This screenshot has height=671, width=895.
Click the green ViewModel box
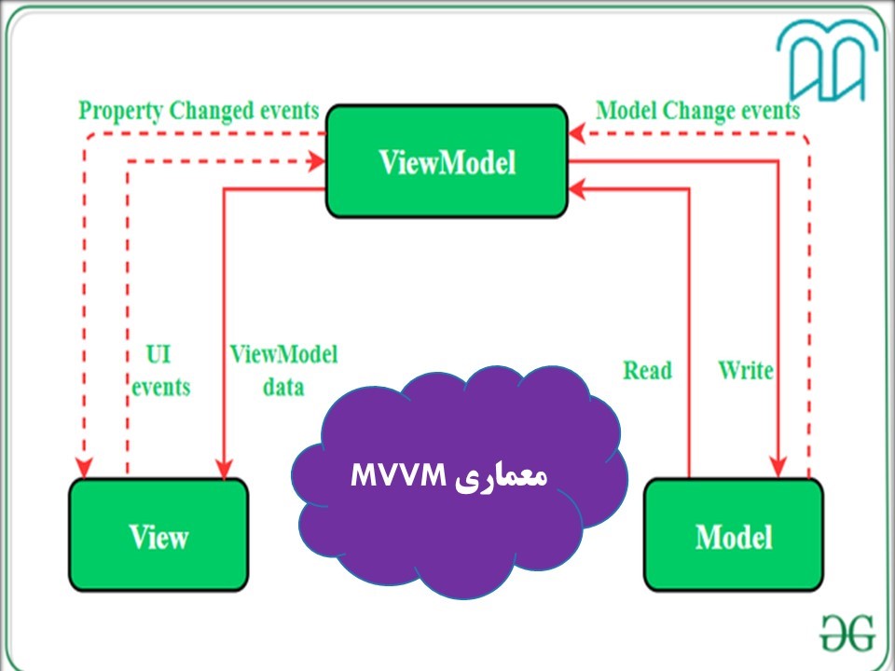coord(447,161)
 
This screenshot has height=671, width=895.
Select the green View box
coord(158,535)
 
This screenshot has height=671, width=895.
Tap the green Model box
coord(734,535)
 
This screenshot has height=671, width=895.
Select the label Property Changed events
coord(199,111)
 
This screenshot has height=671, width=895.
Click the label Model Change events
coord(697,111)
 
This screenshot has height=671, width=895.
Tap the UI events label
coord(159,371)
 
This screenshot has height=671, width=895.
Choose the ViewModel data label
coord(283,370)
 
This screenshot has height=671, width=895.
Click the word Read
coord(647,371)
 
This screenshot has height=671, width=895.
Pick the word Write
coord(746,370)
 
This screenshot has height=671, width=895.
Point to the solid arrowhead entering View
coord(224,468)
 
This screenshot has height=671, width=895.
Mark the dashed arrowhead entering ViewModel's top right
coord(579,136)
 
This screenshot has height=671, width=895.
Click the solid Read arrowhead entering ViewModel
coord(579,189)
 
